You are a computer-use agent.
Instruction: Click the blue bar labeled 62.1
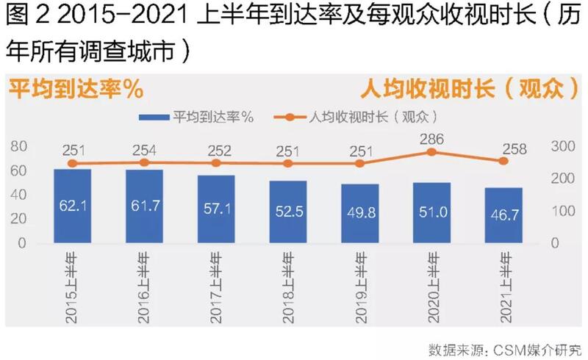coord(72,206)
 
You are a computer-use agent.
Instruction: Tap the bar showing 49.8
coord(359,213)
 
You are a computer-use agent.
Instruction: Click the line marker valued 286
coord(431,152)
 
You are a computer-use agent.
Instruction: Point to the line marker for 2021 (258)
coord(503,161)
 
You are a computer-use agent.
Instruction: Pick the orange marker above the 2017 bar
coord(216,163)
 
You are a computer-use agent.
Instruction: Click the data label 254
coord(144,151)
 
